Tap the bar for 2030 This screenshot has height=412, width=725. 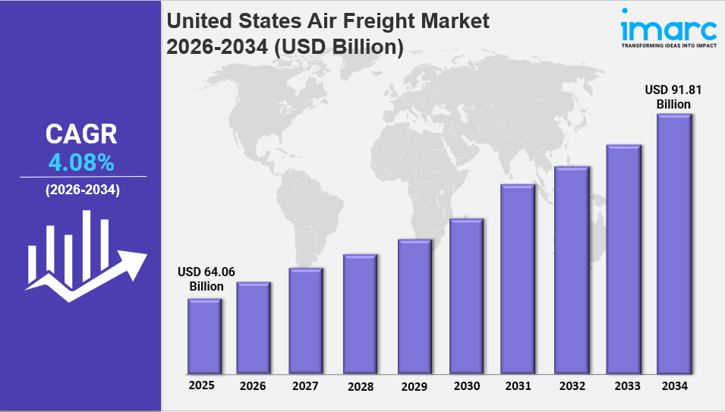[x=465, y=296]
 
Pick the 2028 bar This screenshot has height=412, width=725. [x=360, y=314]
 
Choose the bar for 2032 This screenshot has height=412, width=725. [x=572, y=270]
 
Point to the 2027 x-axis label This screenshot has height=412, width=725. [x=305, y=386]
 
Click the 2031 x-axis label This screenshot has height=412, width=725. [x=518, y=386]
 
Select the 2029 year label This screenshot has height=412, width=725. [x=415, y=386]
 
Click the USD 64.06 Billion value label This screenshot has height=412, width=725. [x=201, y=279]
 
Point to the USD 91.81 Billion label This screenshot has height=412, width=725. [x=674, y=96]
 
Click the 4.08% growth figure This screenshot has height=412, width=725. [x=81, y=162]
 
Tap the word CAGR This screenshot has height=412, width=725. [x=81, y=134]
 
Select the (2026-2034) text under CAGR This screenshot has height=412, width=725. [x=82, y=190]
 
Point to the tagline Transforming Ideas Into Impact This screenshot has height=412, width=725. [x=668, y=46]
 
